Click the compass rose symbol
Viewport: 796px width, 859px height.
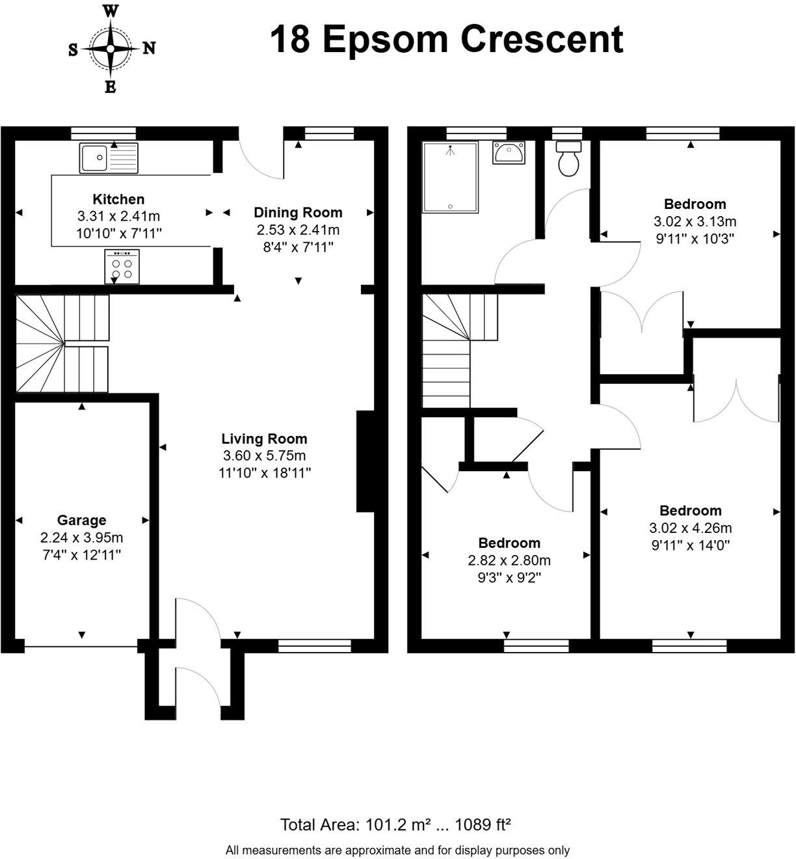pyautogui.click(x=111, y=48)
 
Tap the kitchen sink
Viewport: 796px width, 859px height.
pyautogui.click(x=109, y=157)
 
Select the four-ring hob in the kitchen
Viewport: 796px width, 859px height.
pyautogui.click(x=122, y=267)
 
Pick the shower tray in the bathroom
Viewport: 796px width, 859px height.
pyautogui.click(x=450, y=177)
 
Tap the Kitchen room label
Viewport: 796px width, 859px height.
pyautogui.click(x=118, y=199)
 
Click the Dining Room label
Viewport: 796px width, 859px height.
pyautogui.click(x=298, y=212)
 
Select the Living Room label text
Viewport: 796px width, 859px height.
pyautogui.click(x=264, y=439)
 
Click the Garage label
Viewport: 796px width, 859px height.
pyautogui.click(x=81, y=520)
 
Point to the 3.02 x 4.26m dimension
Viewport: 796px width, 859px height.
pyautogui.click(x=690, y=528)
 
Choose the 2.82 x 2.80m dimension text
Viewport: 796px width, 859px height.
pyautogui.click(x=509, y=560)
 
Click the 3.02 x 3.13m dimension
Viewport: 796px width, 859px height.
pyautogui.click(x=695, y=221)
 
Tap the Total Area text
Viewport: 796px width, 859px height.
pyautogui.click(x=395, y=825)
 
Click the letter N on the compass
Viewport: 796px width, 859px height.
pyautogui.click(x=149, y=48)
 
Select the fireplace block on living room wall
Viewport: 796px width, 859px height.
pyautogui.click(x=364, y=461)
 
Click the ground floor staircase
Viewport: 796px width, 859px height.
pyautogui.click(x=62, y=344)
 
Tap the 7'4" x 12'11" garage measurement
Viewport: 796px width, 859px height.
pyautogui.click(x=81, y=555)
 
